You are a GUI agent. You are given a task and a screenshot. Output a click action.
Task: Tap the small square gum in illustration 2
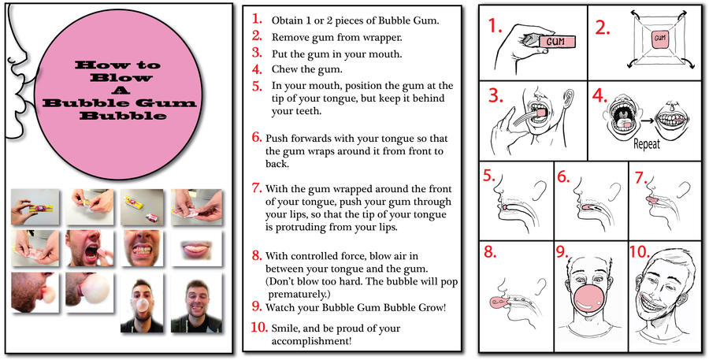660,37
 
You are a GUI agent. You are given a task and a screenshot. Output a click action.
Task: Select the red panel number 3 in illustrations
495,97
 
